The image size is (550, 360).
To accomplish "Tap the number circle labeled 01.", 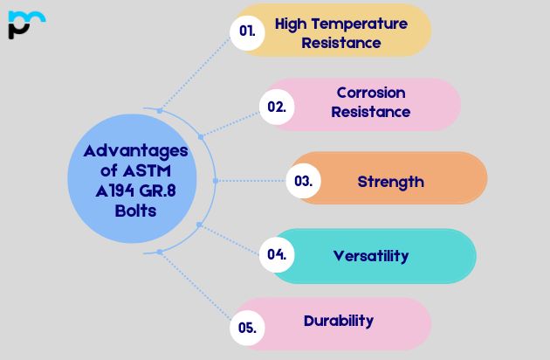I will (x=247, y=31).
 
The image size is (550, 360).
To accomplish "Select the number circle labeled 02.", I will (x=276, y=106).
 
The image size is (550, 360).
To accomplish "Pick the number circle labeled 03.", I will (x=303, y=182).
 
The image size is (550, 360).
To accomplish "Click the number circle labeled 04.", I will (x=277, y=255).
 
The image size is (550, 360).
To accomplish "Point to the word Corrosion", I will (x=371, y=93).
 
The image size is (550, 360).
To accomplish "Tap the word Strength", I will (x=390, y=182).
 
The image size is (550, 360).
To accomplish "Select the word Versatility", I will (x=371, y=255).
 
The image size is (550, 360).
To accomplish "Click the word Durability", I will (x=339, y=320).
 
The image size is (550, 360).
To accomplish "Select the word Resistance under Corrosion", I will (x=371, y=112).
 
